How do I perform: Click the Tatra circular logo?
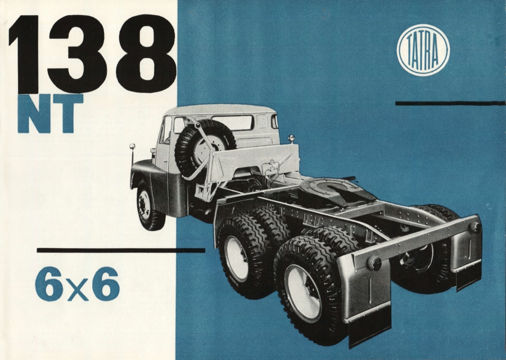pos(423,50)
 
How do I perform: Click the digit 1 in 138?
pos(24,54)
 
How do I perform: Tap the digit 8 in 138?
pos(147,54)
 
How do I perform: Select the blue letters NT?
pos(51,113)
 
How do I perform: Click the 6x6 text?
pos(77,284)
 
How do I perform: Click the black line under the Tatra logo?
pos(450,103)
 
